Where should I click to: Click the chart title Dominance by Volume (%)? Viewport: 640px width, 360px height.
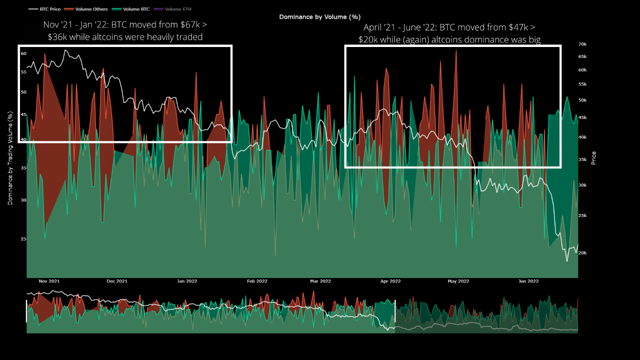[x=319, y=17]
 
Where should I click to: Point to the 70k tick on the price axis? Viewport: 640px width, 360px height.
[x=582, y=44]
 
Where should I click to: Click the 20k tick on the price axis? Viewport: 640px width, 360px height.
[x=582, y=253]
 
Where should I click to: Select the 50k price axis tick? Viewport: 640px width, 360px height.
[x=582, y=100]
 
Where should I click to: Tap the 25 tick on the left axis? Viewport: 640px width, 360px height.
[x=23, y=239]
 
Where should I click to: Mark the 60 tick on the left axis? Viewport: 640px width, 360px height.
[x=23, y=53]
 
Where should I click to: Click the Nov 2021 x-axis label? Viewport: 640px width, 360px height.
[x=49, y=281]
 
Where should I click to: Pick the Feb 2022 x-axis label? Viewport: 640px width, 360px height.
[x=257, y=281]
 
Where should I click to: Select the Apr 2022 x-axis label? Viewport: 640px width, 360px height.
[x=390, y=281]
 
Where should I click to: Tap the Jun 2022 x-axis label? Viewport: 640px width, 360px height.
[x=528, y=281]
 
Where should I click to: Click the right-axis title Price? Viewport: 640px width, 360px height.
[x=593, y=158]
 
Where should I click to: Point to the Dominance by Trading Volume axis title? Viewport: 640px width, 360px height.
[x=10, y=158]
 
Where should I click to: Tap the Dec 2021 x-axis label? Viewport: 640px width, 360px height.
[x=117, y=281]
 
